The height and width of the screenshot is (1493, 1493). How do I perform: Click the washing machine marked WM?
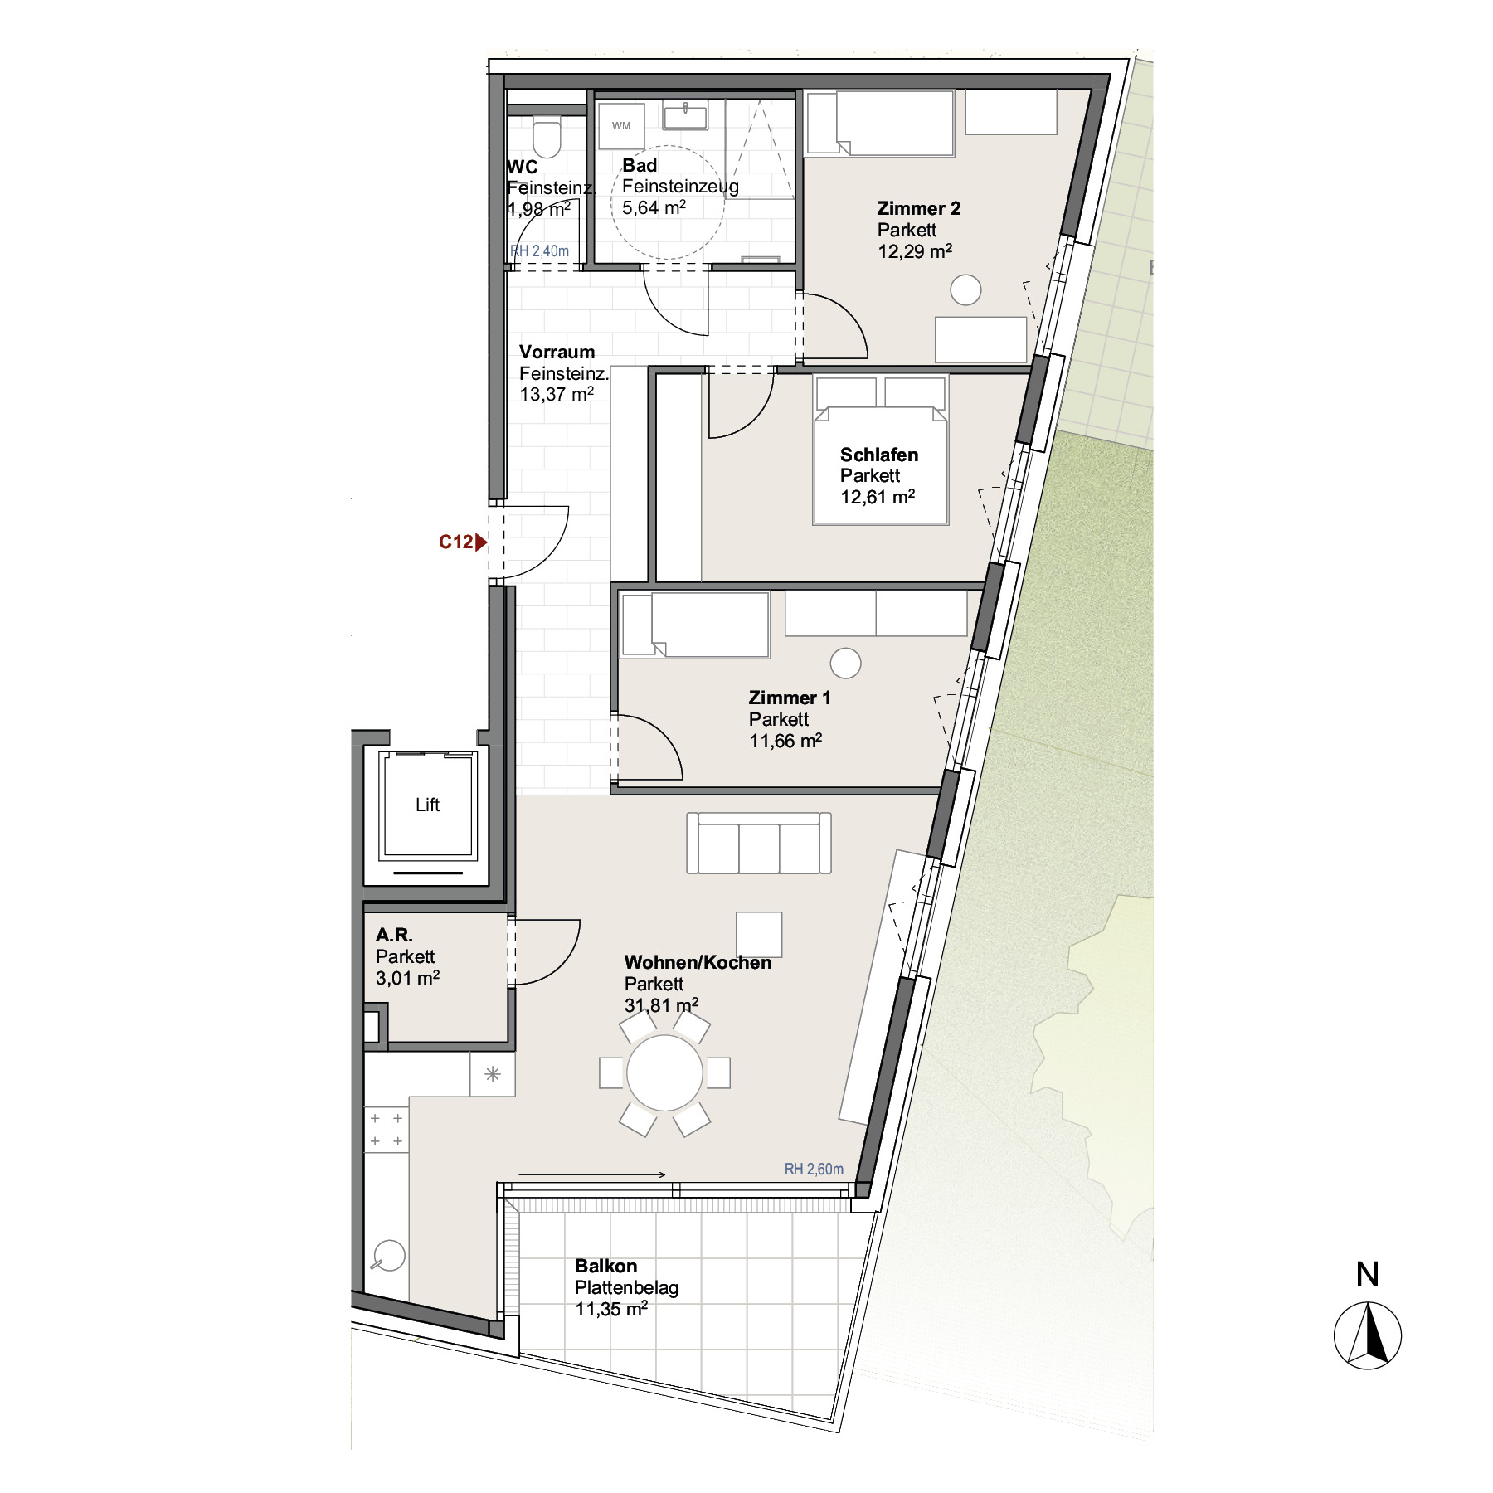(x=621, y=125)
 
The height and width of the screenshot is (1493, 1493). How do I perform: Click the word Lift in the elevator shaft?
(x=427, y=805)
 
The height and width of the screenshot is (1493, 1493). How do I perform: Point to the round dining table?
(x=665, y=1072)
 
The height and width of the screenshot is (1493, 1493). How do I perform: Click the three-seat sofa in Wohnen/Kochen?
(x=759, y=843)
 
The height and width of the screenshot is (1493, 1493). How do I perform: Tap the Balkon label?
(x=606, y=1266)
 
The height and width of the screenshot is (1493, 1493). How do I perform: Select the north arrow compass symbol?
(x=1368, y=1335)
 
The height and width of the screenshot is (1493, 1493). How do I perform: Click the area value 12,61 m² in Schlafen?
(x=878, y=497)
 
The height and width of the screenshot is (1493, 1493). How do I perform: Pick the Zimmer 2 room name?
(x=919, y=208)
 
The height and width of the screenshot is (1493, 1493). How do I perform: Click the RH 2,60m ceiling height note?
(x=814, y=1169)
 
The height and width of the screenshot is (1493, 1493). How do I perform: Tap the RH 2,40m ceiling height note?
(x=540, y=250)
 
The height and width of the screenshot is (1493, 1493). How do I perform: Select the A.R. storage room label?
(x=394, y=935)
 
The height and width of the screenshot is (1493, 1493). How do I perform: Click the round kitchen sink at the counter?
(x=388, y=1256)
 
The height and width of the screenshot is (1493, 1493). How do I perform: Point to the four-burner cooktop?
(x=387, y=1130)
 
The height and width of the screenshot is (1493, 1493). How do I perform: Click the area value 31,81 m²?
(x=661, y=1005)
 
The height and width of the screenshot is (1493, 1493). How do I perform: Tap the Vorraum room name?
(x=557, y=352)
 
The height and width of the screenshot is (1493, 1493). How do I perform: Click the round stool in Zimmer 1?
(x=845, y=663)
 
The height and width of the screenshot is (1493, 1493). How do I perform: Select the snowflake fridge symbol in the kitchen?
(x=493, y=1074)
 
